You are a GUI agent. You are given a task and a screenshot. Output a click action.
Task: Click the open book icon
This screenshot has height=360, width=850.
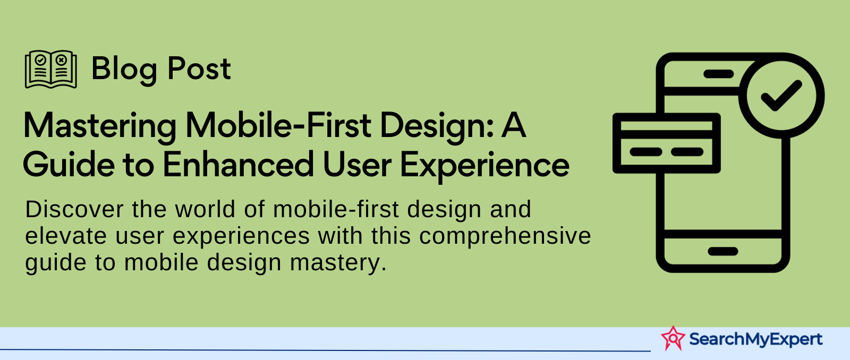[x=51, y=70]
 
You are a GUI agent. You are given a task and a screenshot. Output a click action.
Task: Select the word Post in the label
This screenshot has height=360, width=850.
[x=199, y=68]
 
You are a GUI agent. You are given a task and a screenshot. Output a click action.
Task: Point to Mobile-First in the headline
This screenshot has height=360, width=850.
[x=278, y=125]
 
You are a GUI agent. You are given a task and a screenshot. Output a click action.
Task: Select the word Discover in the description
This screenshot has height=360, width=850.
[x=74, y=209]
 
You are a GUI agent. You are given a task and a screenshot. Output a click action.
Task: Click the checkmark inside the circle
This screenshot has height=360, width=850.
[x=781, y=96]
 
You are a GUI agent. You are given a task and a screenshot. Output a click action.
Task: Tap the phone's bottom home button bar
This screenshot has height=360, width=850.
[x=723, y=251]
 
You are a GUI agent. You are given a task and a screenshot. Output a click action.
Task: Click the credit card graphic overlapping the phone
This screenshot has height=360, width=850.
[x=667, y=143]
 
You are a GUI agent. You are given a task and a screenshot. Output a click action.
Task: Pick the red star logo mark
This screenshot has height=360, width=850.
[x=673, y=338]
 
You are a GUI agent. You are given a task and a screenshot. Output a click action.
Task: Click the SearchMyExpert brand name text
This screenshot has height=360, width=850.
[x=756, y=339]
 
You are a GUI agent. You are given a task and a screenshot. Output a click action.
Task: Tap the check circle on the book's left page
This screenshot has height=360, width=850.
[x=40, y=60]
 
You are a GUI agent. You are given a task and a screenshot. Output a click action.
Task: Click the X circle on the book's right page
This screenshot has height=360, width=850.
[x=62, y=60]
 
